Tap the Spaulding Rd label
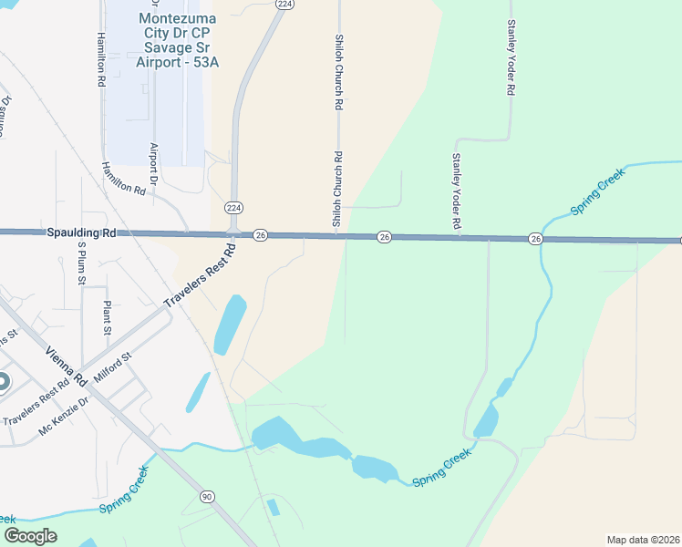coord(81,233)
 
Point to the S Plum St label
coord(80,263)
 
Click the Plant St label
coord(107,316)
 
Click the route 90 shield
coord(208,496)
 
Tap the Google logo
coord(31,536)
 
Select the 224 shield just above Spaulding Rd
coord(233,208)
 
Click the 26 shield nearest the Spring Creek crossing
coord(535,238)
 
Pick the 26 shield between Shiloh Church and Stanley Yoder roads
coord(385,237)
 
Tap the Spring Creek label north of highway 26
coord(597,197)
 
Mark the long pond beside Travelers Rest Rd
coord(230,325)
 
